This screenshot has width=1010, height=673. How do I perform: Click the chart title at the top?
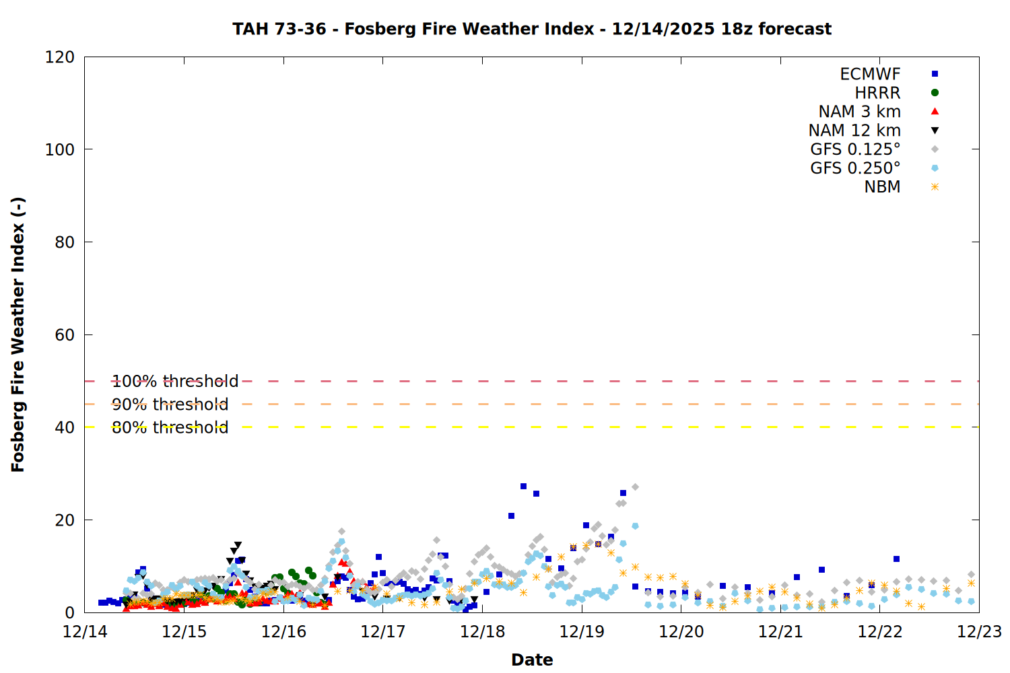click(532, 29)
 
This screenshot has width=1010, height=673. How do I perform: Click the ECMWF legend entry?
click(870, 74)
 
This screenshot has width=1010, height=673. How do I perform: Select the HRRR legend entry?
click(877, 93)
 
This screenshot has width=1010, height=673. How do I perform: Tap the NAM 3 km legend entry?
click(859, 112)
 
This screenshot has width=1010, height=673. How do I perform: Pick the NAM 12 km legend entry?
click(854, 131)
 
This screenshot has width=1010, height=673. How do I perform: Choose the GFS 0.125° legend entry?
click(855, 149)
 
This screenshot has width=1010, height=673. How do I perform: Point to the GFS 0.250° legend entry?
click(855, 168)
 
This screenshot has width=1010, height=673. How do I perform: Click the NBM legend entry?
click(882, 187)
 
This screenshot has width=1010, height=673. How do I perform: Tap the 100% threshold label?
click(175, 382)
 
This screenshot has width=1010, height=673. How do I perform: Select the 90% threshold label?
click(170, 404)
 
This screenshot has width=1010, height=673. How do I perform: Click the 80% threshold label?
click(170, 427)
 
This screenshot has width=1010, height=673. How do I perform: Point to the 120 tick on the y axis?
click(60, 57)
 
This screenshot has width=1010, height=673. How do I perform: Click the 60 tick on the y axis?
click(65, 335)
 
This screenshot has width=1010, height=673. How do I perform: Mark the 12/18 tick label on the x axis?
click(482, 632)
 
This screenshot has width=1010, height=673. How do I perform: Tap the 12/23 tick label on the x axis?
click(979, 632)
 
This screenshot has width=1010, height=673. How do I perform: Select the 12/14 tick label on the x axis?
click(85, 632)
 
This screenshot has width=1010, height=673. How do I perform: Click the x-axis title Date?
click(532, 660)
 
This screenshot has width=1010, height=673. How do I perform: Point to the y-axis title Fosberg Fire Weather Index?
click(18, 334)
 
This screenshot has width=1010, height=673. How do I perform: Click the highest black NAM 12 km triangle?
click(238, 545)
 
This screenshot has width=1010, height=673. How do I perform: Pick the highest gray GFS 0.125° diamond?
click(635, 487)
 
